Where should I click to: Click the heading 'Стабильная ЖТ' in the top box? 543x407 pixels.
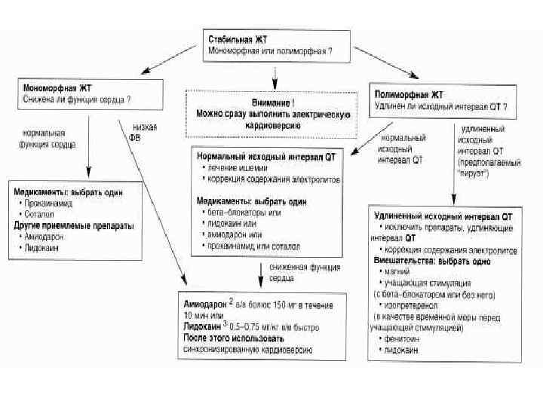[x=237, y=38]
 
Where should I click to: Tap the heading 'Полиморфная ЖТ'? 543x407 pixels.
[x=410, y=94]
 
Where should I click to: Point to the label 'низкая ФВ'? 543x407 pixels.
[x=146, y=132]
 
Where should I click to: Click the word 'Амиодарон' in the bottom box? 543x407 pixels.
[x=206, y=304]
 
